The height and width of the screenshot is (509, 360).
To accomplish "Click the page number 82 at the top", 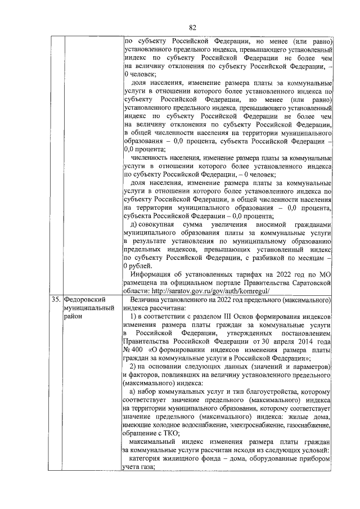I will [192, 27].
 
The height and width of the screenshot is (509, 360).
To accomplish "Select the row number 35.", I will [56, 300].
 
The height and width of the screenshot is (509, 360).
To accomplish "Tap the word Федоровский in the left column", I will [84, 300].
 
